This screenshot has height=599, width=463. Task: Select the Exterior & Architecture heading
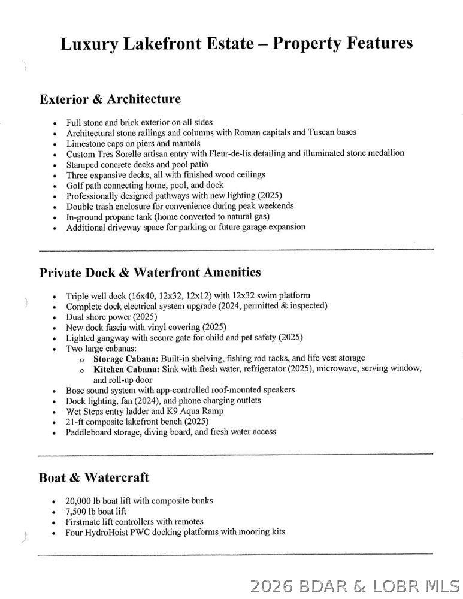(x=110, y=99)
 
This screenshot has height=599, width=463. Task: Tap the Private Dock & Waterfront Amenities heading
(x=150, y=273)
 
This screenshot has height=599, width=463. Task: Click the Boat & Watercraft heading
(x=93, y=478)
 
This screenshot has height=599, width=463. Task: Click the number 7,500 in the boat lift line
(x=78, y=511)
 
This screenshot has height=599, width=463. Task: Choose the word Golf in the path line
(x=75, y=185)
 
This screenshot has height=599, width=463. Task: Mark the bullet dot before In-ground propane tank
(x=55, y=217)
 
